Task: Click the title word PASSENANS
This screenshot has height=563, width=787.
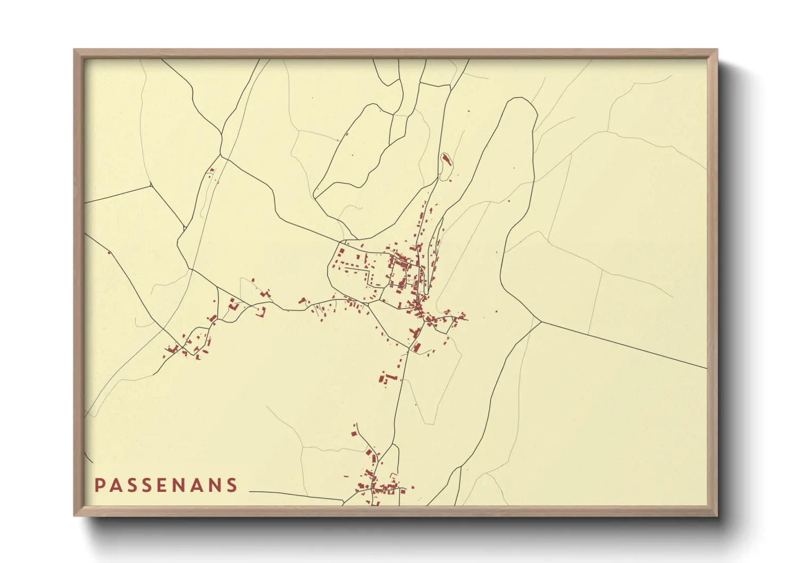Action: point(166,485)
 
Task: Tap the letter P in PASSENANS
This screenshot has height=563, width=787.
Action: point(99,485)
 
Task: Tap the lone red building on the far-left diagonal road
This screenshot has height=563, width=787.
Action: point(109,252)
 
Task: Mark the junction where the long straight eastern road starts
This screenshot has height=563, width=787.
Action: point(541,321)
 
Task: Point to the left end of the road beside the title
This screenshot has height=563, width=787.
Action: point(250,492)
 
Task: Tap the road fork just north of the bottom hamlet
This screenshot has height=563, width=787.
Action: point(393,444)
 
